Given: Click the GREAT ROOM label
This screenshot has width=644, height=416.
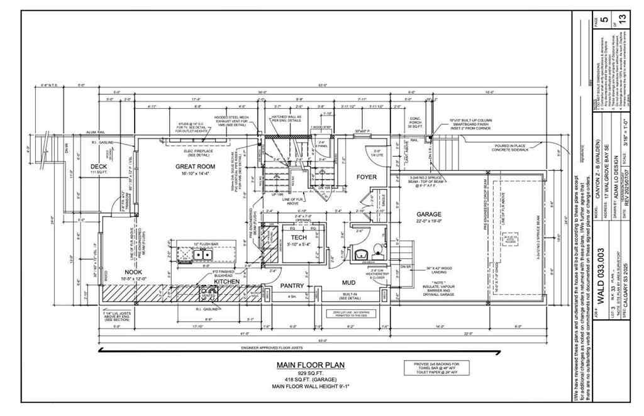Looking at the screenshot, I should pyautogui.click(x=196, y=167).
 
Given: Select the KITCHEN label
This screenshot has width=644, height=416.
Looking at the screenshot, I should pyautogui.click(x=226, y=282).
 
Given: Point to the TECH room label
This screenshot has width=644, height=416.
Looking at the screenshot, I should pyautogui.click(x=299, y=237).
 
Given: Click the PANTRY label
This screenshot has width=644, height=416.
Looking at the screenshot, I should pyautogui.click(x=292, y=286).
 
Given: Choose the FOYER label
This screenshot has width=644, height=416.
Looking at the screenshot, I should pyautogui.click(x=366, y=177).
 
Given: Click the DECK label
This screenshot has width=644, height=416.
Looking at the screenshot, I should pyautogui.click(x=99, y=166).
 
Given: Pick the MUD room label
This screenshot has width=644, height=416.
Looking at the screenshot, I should pyautogui.click(x=348, y=283).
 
